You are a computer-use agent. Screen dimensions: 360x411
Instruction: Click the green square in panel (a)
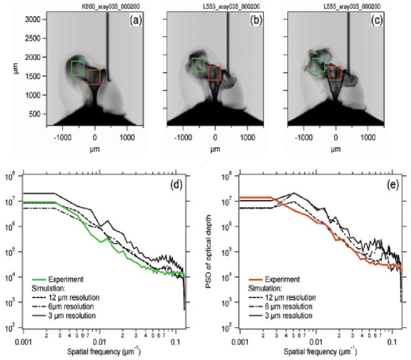(x=78, y=68)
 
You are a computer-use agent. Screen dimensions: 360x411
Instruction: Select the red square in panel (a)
(x=95, y=77)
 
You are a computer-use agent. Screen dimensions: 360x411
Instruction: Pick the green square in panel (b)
(x=198, y=64)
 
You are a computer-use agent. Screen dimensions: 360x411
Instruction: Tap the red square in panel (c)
(x=334, y=73)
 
